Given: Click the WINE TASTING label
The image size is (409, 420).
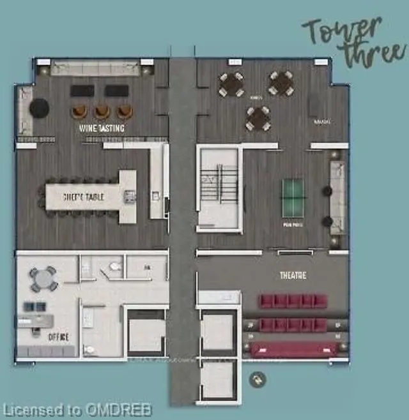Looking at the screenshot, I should tap(102, 128).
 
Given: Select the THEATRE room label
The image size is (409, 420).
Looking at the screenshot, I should tap(292, 276).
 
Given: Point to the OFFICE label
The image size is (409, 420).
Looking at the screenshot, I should tap(58, 336).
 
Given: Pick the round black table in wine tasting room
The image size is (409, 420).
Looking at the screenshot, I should tap(38, 107).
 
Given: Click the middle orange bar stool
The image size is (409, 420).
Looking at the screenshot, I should tap(102, 112).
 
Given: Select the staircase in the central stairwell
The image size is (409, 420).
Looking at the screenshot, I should tap(218, 186).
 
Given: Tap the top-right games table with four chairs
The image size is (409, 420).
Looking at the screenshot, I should tap(281, 83).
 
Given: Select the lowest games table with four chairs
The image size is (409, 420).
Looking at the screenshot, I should tap(258, 118).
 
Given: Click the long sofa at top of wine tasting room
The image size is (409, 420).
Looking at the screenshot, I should tap(95, 68).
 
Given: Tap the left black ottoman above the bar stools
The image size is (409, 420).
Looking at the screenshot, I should tap(82, 91).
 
